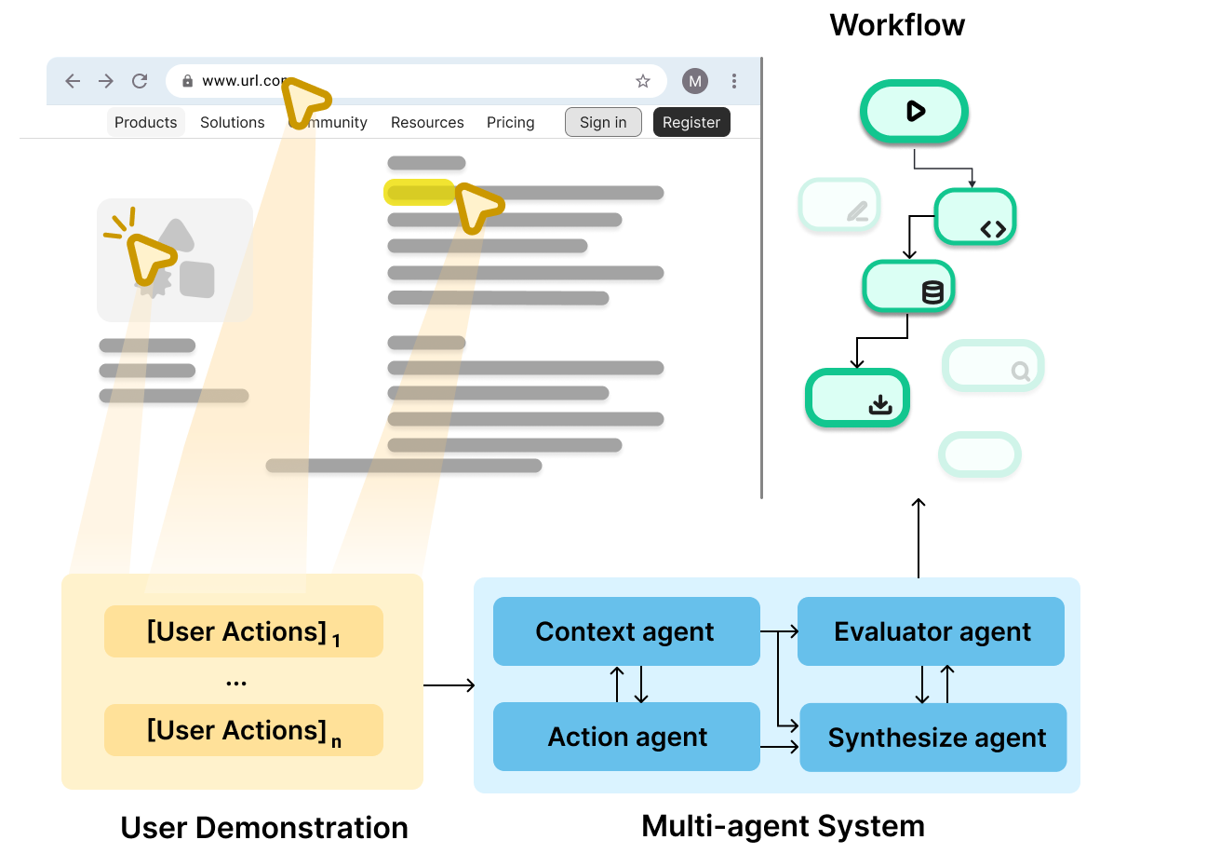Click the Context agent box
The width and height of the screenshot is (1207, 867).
[625, 631]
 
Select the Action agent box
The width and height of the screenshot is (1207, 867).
[626, 737]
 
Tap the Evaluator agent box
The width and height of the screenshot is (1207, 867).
[931, 631]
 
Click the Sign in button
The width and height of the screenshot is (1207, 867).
[603, 122]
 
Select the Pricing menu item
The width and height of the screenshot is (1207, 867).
[510, 122]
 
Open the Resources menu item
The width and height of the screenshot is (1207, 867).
[427, 122]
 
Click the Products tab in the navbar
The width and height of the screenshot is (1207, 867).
[145, 122]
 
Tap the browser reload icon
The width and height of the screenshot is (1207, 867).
[140, 81]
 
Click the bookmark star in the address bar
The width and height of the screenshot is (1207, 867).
[642, 81]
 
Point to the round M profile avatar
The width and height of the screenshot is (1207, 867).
[694, 81]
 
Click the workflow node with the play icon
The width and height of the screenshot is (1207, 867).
[914, 111]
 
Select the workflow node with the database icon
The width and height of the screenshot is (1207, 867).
[908, 287]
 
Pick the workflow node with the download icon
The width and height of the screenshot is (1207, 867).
[856, 399]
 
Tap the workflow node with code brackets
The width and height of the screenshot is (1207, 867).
[974, 217]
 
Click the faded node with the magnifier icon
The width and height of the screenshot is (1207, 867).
[993, 365]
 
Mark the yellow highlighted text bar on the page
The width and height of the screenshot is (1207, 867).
[419, 193]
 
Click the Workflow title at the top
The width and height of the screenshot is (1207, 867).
[897, 25]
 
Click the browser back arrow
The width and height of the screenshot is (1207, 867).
[73, 81]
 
